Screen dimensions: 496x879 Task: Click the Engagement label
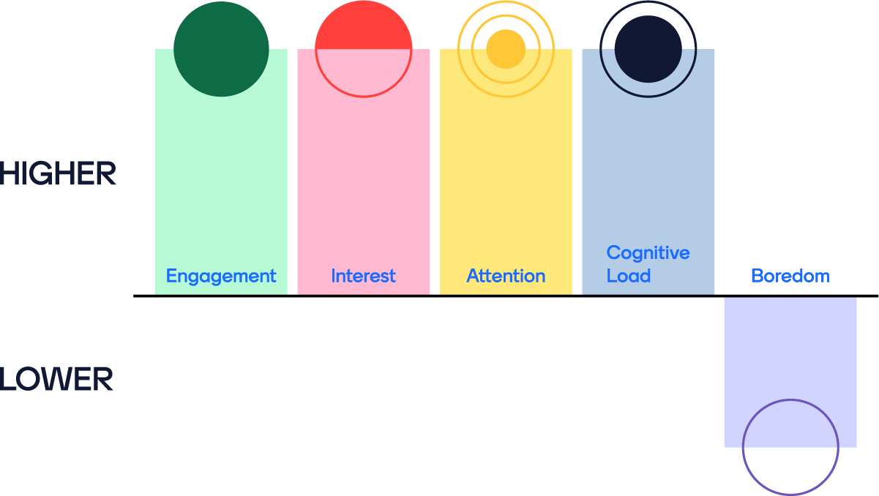pyautogui.click(x=221, y=276)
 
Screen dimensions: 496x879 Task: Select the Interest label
pyautogui.click(x=363, y=276)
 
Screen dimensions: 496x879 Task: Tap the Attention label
pyautogui.click(x=506, y=276)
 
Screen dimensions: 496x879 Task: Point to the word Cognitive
pyautogui.click(x=648, y=253)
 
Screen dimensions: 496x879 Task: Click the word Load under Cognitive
pyautogui.click(x=629, y=276)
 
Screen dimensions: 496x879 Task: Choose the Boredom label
pyautogui.click(x=790, y=276)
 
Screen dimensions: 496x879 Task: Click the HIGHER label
pyautogui.click(x=58, y=174)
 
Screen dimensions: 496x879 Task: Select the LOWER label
pyautogui.click(x=56, y=380)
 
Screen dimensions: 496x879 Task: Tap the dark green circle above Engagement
pyautogui.click(x=221, y=49)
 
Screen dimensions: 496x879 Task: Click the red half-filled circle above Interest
pyautogui.click(x=363, y=33)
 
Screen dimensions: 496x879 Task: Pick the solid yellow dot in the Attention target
pyautogui.click(x=506, y=49)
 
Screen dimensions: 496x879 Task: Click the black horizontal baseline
pyautogui.click(x=439, y=296)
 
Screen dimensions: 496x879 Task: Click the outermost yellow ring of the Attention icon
pyautogui.click(x=459, y=49)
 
